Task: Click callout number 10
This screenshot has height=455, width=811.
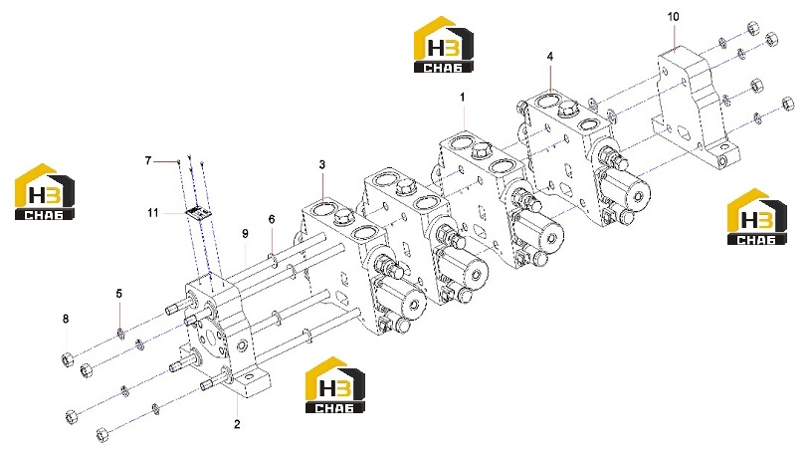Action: pos(673,17)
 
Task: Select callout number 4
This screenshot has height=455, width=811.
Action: pos(550,57)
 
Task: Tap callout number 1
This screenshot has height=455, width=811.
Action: pos(463,97)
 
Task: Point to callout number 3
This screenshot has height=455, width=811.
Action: pos(322,165)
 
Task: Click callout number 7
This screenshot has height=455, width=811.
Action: pos(148,161)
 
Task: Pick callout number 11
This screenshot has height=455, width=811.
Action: pos(152,213)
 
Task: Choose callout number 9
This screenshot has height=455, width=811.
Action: pos(245,234)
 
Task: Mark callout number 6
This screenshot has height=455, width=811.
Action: pos(272,219)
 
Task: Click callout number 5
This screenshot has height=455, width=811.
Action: pos(119,294)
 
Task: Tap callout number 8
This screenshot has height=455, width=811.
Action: pos(66,319)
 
